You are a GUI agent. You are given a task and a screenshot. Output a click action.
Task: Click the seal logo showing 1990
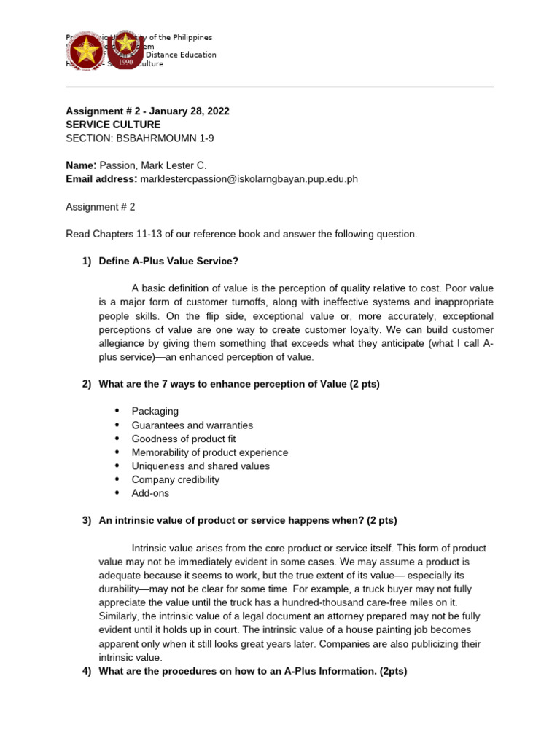tap(126, 50)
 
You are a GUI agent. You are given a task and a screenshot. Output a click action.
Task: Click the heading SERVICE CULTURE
tap(113, 125)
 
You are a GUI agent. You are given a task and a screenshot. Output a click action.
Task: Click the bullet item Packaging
tap(155, 411)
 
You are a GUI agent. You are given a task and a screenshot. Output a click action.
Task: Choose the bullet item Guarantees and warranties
tap(192, 425)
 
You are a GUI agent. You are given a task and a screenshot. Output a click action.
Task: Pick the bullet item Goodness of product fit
tap(183, 439)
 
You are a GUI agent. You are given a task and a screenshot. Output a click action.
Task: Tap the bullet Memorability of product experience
tap(209, 452)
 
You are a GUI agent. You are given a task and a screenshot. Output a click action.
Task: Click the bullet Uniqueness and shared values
tap(201, 466)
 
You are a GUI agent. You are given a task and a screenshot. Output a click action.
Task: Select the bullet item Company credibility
tap(175, 479)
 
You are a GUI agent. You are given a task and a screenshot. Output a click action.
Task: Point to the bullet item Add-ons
tap(150, 493)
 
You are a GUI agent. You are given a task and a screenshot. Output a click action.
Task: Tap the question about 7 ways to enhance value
tap(239, 384)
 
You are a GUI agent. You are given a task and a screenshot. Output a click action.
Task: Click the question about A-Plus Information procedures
tap(252, 671)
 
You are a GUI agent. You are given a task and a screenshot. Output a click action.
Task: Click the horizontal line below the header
tap(280, 87)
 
